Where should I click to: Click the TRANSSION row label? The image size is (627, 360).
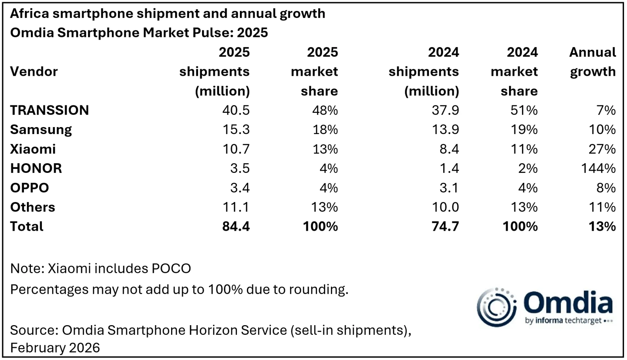(49, 111)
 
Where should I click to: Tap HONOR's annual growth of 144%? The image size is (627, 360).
(600, 168)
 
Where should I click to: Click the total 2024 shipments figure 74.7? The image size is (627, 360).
(445, 226)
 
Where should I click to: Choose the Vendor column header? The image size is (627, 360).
(34, 72)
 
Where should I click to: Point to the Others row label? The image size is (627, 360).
(33, 207)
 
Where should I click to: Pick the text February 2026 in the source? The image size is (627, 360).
(55, 348)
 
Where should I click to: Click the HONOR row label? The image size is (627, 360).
(36, 168)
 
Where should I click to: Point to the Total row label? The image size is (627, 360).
(27, 226)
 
